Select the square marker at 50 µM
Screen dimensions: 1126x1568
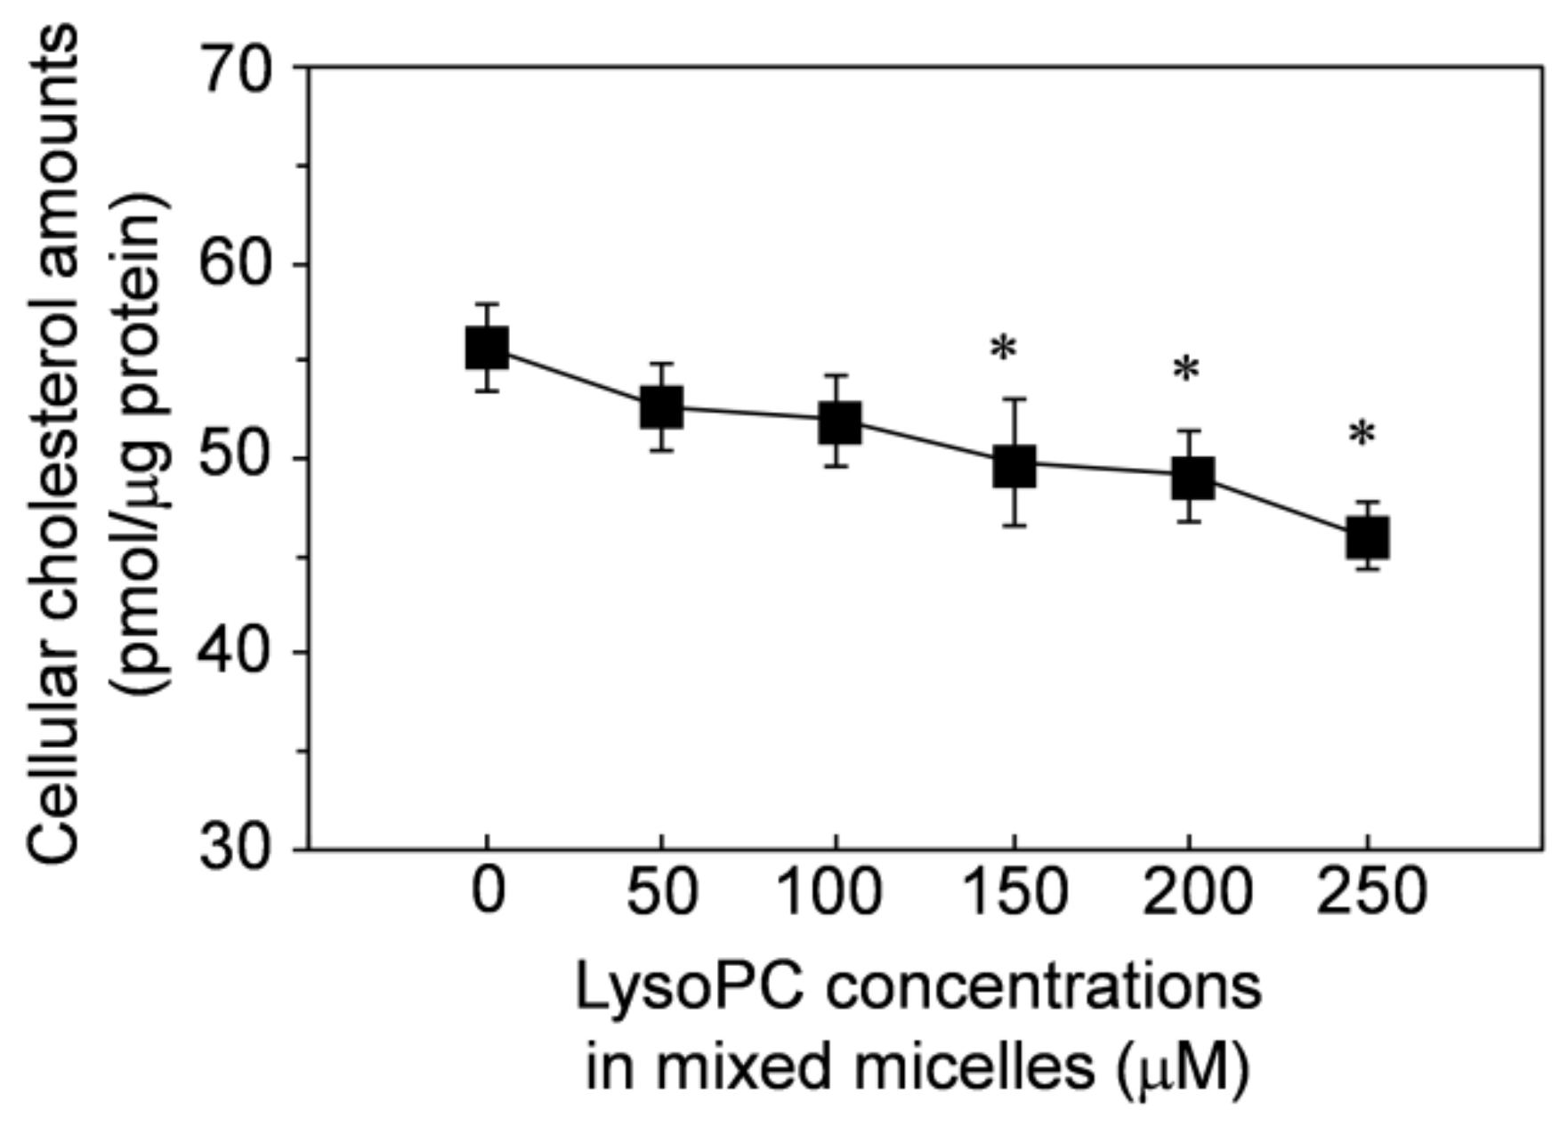click(661, 407)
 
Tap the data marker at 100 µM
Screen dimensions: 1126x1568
click(839, 422)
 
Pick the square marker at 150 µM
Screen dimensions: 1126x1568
click(1014, 465)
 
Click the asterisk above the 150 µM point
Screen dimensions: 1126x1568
click(1003, 348)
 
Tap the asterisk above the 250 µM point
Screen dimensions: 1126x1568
click(1362, 435)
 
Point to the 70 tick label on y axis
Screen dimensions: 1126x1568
click(235, 68)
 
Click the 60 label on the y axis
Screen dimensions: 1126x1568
click(235, 264)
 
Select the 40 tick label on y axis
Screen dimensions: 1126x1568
click(235, 653)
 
